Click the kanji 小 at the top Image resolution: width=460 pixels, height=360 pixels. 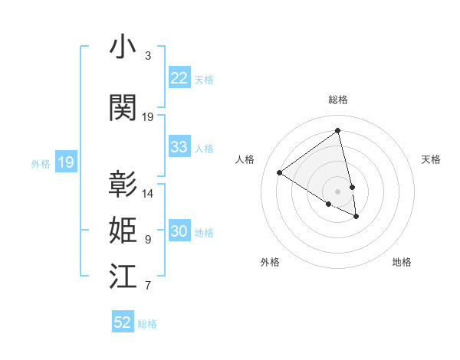click(x=123, y=47)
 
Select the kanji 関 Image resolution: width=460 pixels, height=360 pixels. click(x=123, y=108)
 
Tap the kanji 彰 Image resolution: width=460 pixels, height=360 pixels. click(x=123, y=185)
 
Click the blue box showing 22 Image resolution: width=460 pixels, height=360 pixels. click(x=179, y=78)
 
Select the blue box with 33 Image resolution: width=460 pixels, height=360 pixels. click(x=179, y=147)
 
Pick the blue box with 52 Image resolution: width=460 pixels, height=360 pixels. click(x=123, y=322)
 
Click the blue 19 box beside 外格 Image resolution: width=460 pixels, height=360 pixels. click(x=65, y=162)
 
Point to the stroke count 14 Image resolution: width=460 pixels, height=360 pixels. click(x=148, y=194)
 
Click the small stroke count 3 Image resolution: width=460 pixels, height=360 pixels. click(x=148, y=56)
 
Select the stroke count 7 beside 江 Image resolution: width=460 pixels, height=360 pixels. click(x=148, y=286)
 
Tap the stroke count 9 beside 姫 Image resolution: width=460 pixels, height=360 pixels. click(x=148, y=240)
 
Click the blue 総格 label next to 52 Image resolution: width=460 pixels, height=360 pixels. click(x=147, y=324)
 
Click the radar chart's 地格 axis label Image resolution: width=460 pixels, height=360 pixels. click(x=402, y=262)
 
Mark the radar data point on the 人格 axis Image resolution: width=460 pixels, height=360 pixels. click(x=280, y=173)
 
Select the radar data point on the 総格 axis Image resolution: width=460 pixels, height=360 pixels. click(x=337, y=131)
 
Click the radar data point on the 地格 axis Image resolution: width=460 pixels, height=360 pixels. click(x=356, y=217)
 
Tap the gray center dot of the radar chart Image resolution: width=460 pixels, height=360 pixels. click(x=337, y=190)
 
